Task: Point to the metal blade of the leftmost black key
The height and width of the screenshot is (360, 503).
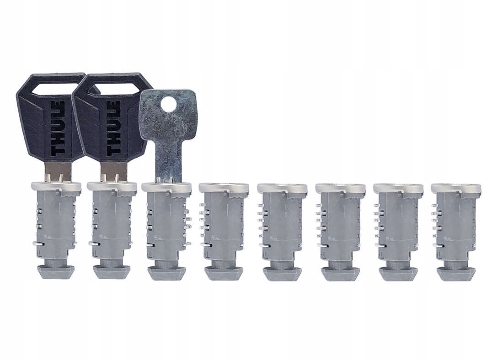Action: click(58, 171)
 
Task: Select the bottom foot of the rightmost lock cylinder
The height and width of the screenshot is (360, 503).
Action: click(455, 273)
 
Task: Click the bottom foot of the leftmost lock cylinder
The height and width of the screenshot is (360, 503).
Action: click(54, 272)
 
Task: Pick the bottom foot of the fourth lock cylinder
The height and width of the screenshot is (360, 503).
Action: click(224, 273)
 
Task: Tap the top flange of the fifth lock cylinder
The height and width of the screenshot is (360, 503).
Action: click(282, 188)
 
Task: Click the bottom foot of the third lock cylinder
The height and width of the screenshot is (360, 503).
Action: click(166, 273)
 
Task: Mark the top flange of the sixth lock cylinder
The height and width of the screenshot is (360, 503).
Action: click(340, 188)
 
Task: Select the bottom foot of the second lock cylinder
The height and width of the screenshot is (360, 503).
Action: click(111, 272)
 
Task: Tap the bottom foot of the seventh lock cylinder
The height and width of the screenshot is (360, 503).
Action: click(398, 273)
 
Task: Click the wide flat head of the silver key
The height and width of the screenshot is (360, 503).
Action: click(167, 116)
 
